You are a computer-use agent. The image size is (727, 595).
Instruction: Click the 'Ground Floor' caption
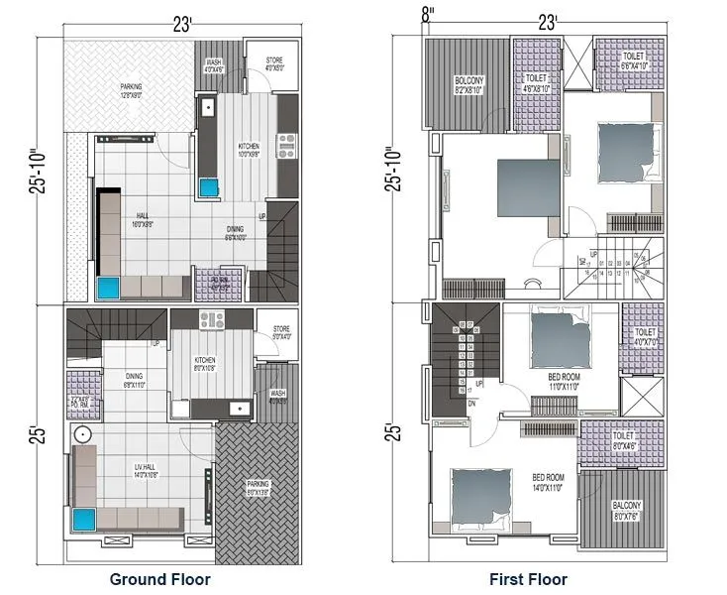pyautogui.click(x=159, y=579)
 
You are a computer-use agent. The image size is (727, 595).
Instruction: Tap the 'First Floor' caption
pyautogui.click(x=528, y=579)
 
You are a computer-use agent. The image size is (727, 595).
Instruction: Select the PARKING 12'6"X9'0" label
pyautogui.click(x=131, y=91)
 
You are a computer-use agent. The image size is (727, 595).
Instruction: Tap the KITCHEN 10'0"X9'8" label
pyautogui.click(x=249, y=151)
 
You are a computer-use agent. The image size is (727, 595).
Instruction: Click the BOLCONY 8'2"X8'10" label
pyautogui.click(x=468, y=84)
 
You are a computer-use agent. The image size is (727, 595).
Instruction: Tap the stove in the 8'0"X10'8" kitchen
pyautogui.click(x=212, y=319)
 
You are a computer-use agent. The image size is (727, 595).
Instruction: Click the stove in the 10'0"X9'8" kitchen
pyautogui.click(x=287, y=146)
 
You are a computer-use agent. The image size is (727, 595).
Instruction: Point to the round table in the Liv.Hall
pyautogui.click(x=82, y=436)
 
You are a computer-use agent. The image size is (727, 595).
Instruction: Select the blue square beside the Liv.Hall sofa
pyautogui.click(x=86, y=519)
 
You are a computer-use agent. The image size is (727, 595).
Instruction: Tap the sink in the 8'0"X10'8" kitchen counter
pyautogui.click(x=239, y=407)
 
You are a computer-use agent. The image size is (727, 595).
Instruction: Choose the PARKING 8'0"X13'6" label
pyautogui.click(x=257, y=488)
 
